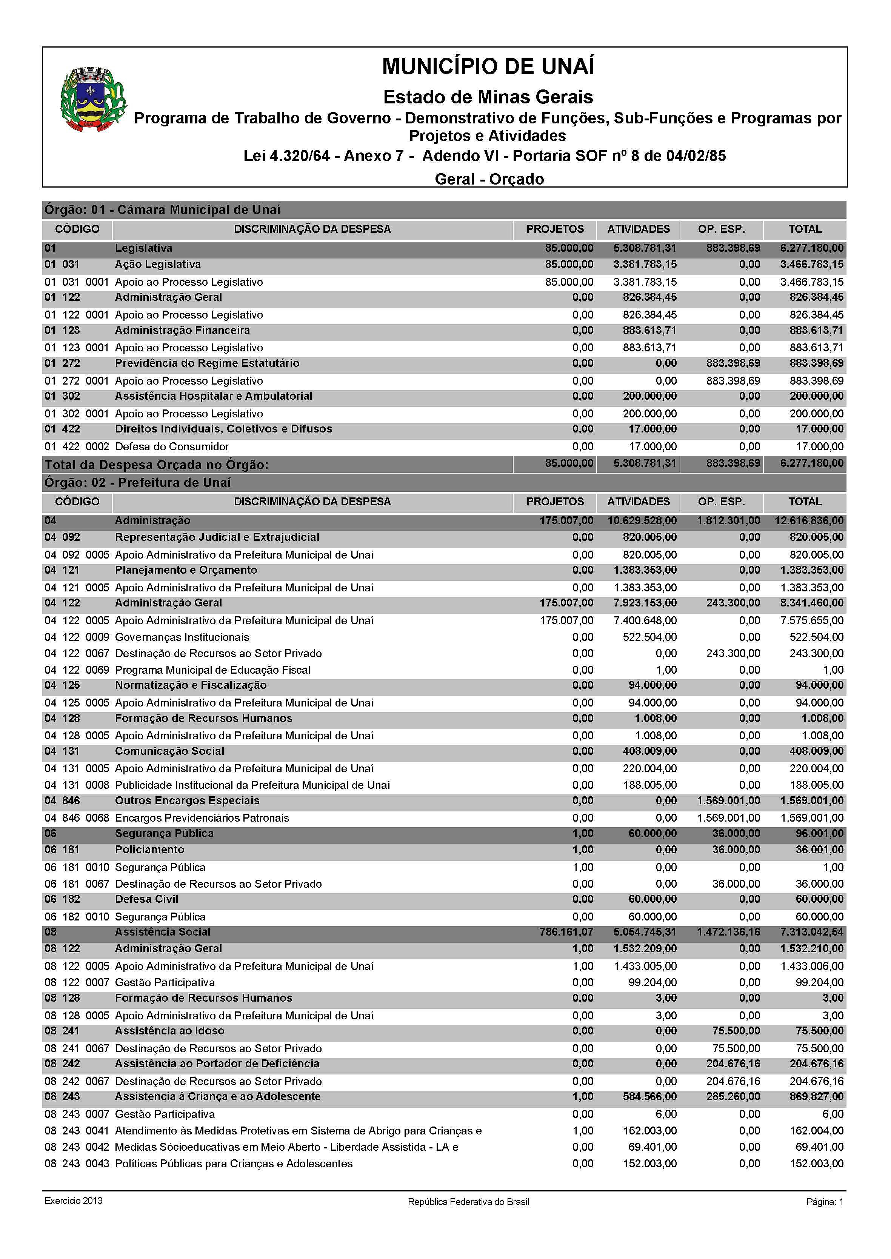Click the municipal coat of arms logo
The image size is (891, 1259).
[93, 100]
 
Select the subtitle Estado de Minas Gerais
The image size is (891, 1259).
[488, 97]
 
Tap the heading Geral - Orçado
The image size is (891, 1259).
[489, 179]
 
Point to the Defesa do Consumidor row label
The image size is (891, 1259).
[172, 446]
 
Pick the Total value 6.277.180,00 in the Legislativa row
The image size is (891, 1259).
[811, 248]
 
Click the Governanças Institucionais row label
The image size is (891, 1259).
[182, 637]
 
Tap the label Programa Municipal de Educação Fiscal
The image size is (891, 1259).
[212, 670]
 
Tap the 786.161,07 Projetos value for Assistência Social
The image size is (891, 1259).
[566, 932]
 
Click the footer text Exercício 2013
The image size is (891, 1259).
[74, 1201]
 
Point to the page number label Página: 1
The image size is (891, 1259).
[825, 1202]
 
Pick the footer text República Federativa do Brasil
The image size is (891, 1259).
[468, 1202]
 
